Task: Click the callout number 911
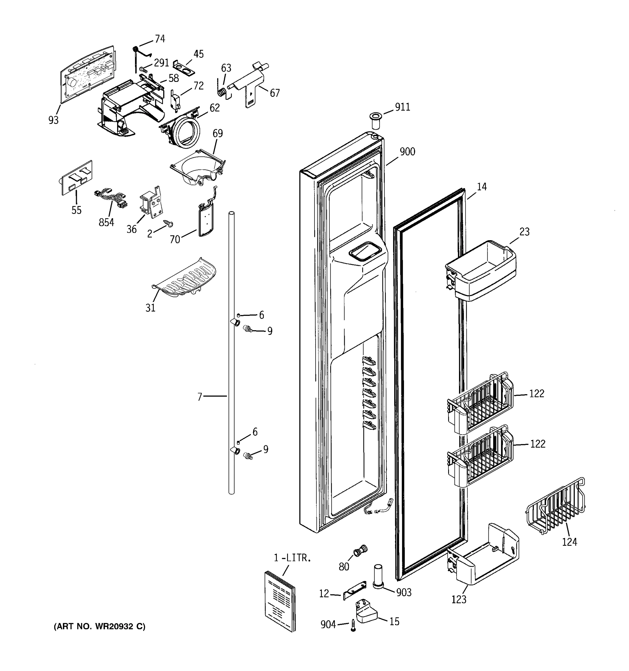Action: coord(402,107)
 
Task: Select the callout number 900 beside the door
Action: coord(407,152)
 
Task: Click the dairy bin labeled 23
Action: coord(481,271)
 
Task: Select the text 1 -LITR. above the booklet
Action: coord(292,558)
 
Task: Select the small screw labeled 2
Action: coord(168,223)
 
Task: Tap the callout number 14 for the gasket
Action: coord(482,187)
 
